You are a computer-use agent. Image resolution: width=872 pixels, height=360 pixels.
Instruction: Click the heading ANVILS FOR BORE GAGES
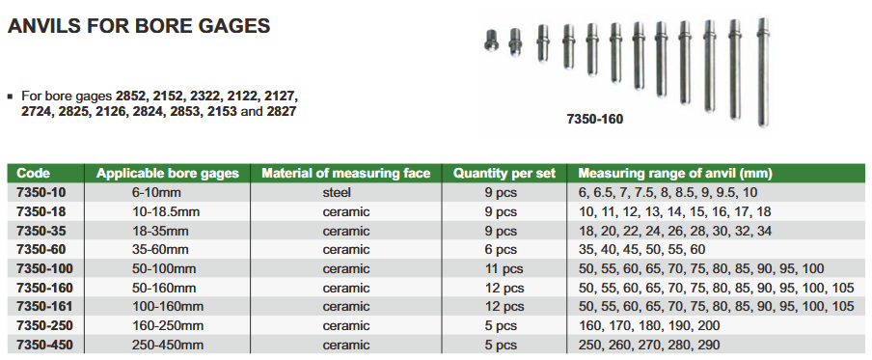[x=139, y=26]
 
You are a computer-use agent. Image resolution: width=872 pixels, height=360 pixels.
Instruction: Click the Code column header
[x=34, y=174]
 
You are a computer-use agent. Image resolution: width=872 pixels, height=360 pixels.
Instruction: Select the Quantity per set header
[x=504, y=174]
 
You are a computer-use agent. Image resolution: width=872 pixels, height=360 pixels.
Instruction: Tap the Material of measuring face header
[x=346, y=174]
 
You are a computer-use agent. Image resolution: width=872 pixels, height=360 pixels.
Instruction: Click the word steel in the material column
[x=337, y=192]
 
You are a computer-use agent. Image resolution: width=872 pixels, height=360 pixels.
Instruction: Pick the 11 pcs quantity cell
[x=504, y=269]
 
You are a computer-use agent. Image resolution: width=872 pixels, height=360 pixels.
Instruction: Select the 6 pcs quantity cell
[x=501, y=250]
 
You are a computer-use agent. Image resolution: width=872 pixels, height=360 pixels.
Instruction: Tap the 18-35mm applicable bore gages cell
[x=160, y=231]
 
